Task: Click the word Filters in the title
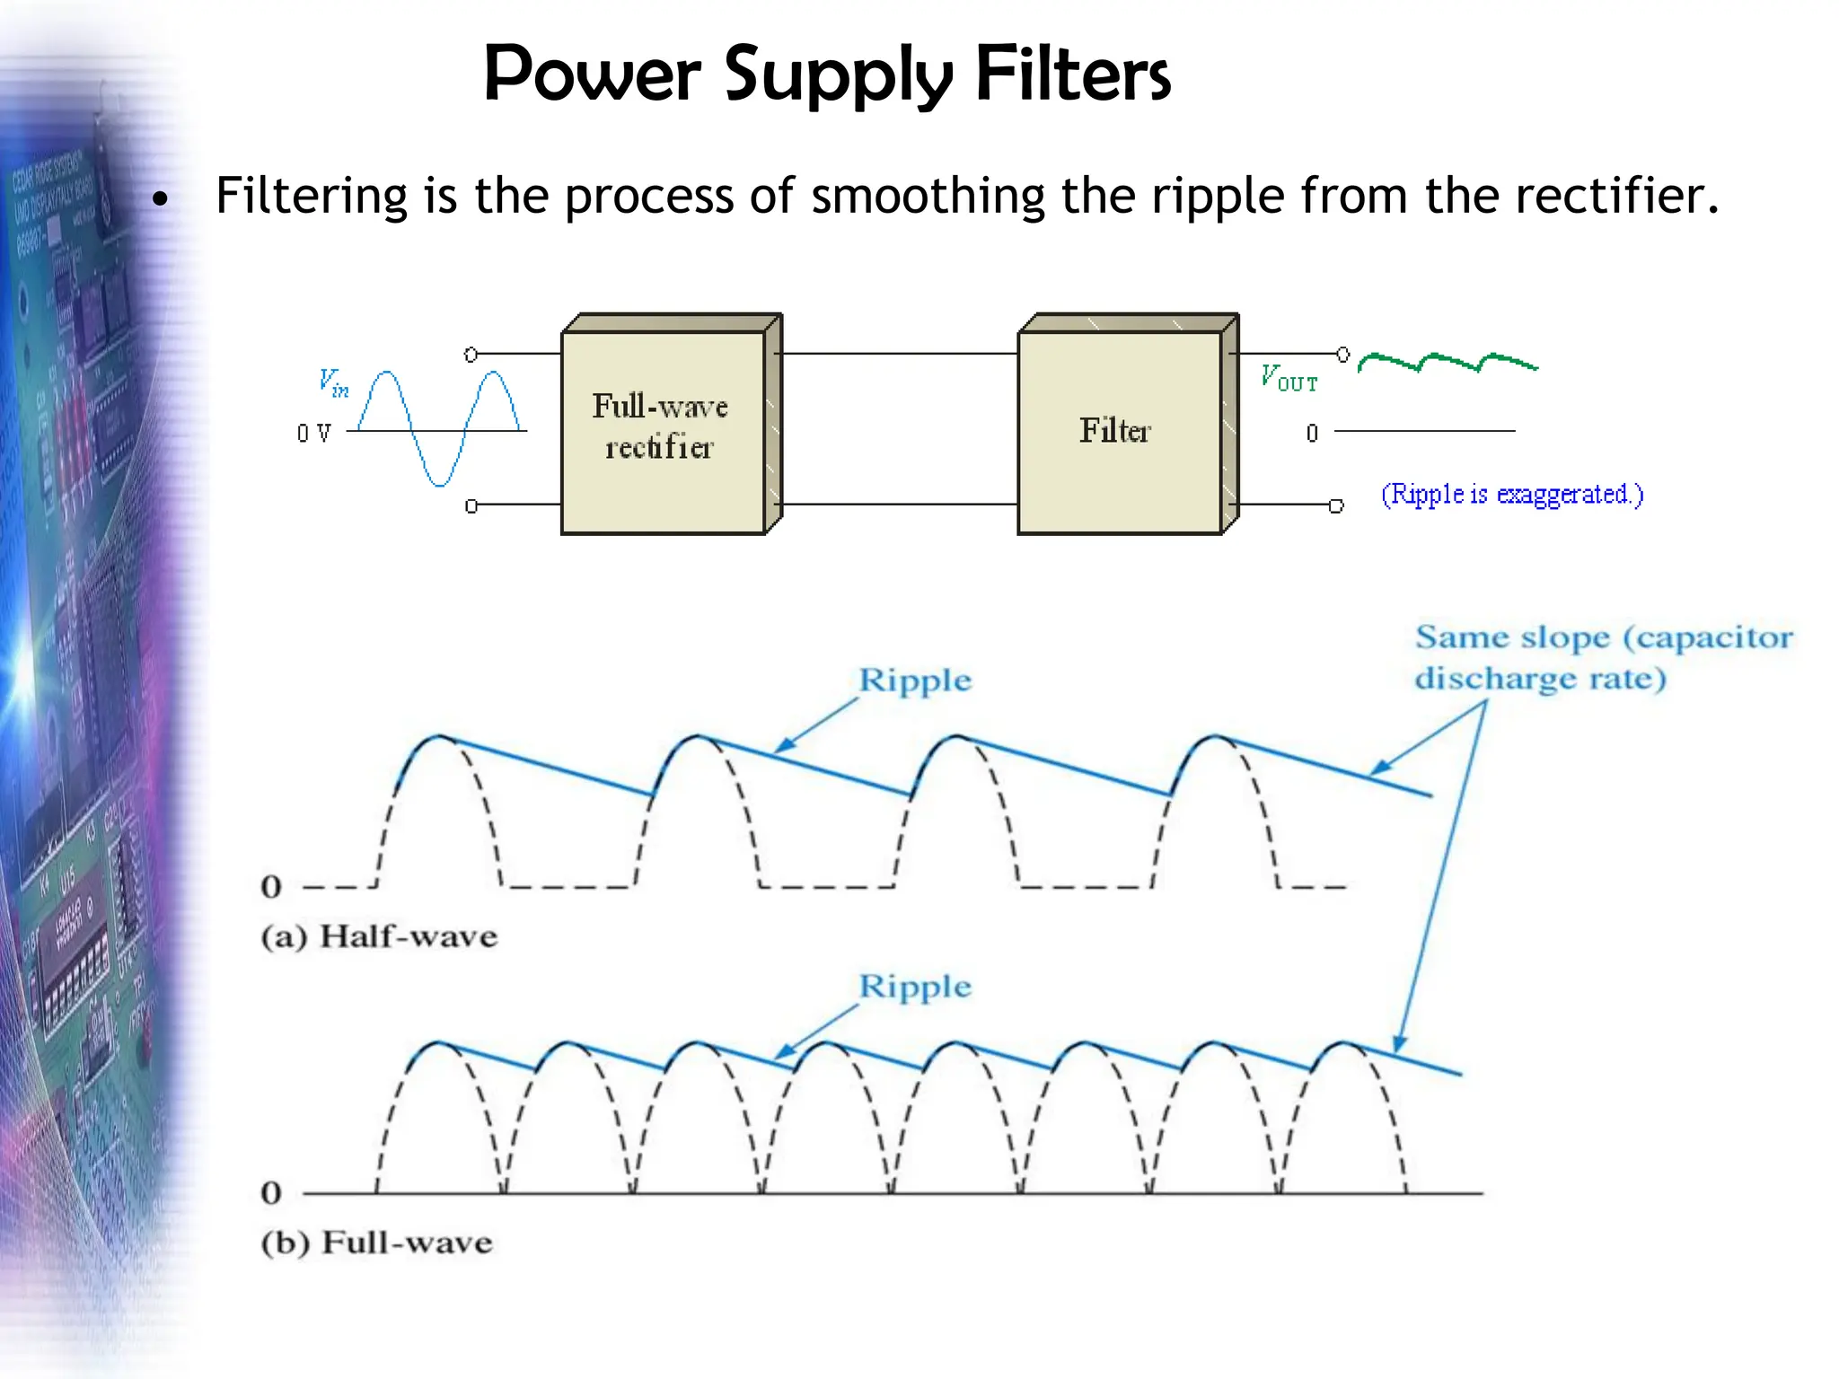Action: [x=1072, y=74]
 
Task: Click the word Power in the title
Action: [x=591, y=74]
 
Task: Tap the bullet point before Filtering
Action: [x=160, y=198]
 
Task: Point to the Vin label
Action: [x=333, y=382]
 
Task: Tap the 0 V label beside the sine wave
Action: [x=313, y=434]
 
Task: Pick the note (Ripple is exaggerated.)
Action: [x=1512, y=495]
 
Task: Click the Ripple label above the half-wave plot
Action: [x=914, y=681]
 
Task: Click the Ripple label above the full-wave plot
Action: [x=914, y=987]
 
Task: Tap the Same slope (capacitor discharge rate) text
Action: [x=1603, y=657]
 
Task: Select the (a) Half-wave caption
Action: [x=379, y=936]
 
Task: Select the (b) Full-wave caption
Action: [x=377, y=1243]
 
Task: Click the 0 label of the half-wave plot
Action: [x=271, y=887]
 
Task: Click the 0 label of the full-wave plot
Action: [x=271, y=1193]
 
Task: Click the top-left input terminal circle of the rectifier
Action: [x=471, y=355]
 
